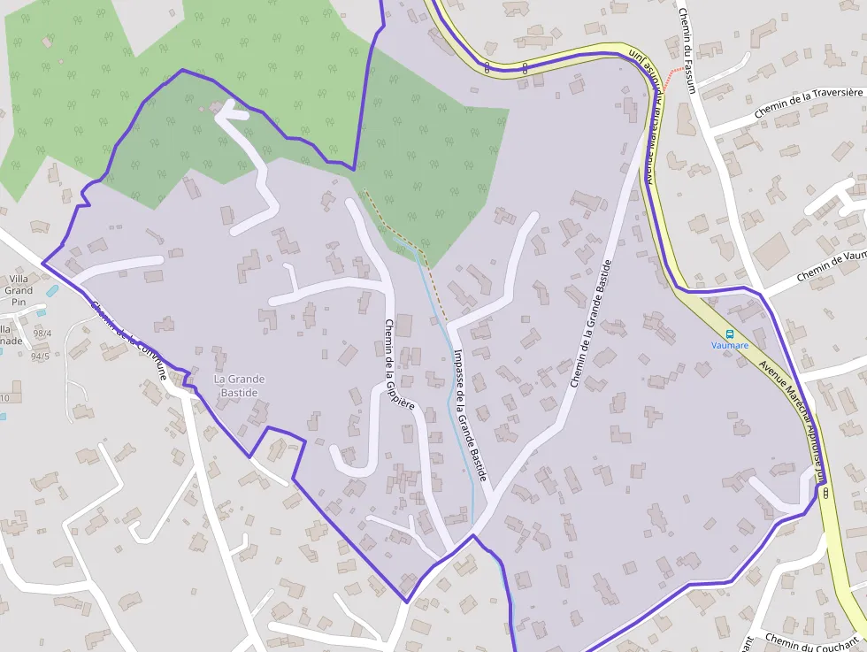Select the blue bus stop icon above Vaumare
[x=730, y=334]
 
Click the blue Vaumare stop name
[x=730, y=345]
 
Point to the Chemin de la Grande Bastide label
[x=591, y=324]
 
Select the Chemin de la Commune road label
[x=128, y=340]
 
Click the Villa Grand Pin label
[x=19, y=290]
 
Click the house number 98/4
[x=42, y=334]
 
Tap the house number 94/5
[x=40, y=357]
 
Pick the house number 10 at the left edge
[x=4, y=398]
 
